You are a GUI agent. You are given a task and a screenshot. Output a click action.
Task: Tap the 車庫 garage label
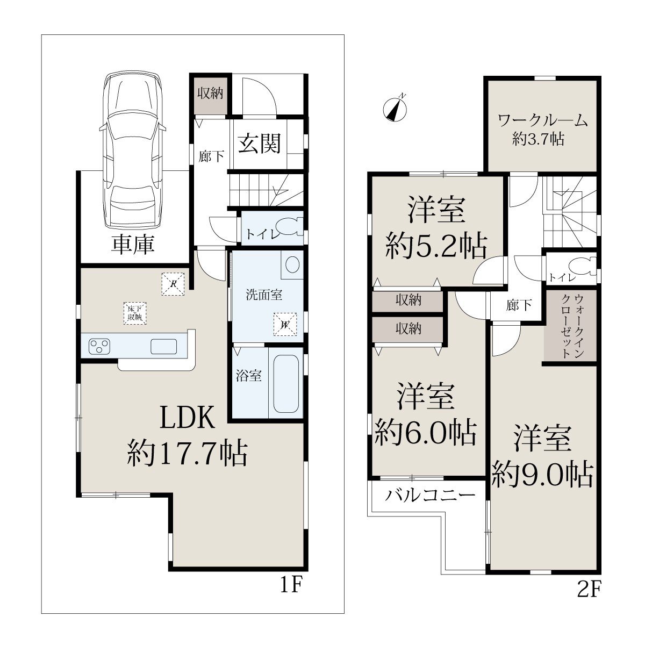[133, 245]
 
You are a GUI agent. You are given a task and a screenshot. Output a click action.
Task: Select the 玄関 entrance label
[260, 144]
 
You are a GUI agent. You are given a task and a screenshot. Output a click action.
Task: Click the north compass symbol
[395, 109]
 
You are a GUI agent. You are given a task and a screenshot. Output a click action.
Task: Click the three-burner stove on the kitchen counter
[99, 347]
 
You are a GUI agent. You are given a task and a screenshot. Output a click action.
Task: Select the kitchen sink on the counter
[164, 347]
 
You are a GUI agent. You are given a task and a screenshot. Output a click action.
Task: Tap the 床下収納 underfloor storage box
[135, 313]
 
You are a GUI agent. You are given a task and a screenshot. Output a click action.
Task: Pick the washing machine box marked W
[285, 324]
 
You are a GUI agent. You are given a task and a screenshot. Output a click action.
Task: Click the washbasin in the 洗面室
[292, 264]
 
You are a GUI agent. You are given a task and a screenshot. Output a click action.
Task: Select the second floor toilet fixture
[584, 267]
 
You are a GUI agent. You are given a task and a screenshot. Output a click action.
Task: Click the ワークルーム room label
[543, 121]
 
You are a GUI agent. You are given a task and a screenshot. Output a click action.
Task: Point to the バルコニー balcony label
[430, 495]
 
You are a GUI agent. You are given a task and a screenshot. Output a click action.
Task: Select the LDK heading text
[188, 417]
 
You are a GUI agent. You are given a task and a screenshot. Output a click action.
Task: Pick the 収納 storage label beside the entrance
[210, 93]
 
